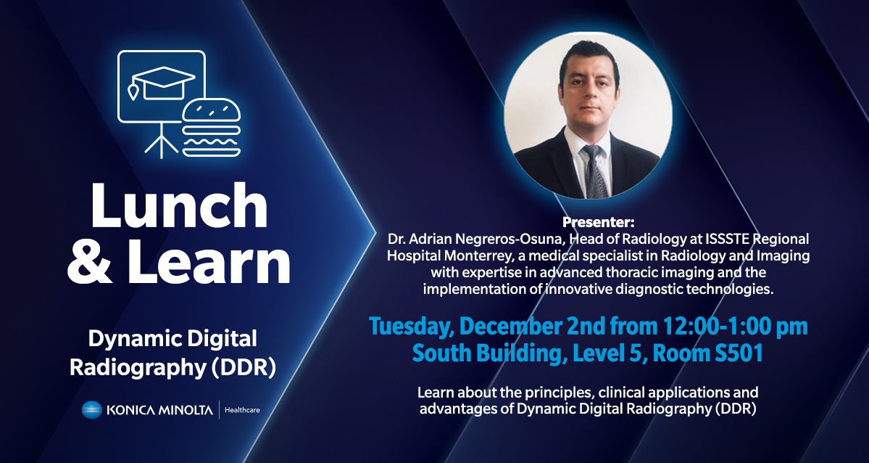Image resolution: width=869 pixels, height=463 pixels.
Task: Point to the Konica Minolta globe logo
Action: [93, 410]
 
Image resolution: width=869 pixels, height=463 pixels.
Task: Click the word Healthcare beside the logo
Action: [242, 411]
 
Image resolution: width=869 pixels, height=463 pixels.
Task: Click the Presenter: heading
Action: [598, 223]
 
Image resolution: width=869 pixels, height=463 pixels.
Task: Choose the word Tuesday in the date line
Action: [412, 326]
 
